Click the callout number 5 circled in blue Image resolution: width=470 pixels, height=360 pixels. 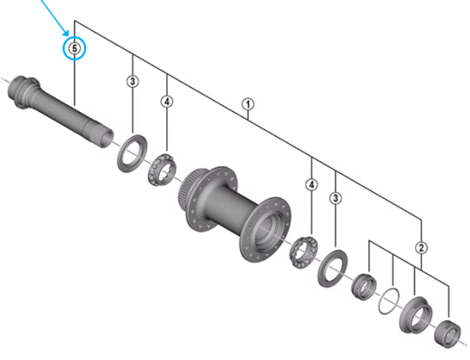click(74, 48)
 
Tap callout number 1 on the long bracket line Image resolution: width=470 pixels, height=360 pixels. click(248, 104)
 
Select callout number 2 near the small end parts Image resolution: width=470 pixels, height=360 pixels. click(421, 247)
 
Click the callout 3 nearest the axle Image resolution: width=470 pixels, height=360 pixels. click(132, 81)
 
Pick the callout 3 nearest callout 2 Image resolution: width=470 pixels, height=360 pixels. click(335, 198)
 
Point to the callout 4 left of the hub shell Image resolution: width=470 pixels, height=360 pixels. click(167, 102)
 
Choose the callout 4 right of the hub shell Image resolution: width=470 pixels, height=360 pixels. click(312, 185)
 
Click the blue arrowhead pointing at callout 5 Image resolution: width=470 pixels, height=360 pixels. click(66, 32)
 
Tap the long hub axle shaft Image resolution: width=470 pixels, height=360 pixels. click(60, 111)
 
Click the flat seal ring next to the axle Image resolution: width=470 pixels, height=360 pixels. click(132, 153)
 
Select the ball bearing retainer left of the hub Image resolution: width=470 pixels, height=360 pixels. click(162, 169)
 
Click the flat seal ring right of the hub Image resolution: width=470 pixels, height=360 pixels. click(333, 268)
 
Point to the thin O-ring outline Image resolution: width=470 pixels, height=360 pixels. click(389, 301)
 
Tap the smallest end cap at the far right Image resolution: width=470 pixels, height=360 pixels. click(447, 334)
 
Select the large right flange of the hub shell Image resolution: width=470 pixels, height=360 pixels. click(266, 229)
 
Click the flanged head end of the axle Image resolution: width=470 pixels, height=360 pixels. click(23, 92)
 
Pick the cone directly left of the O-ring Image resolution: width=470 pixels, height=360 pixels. click(363, 286)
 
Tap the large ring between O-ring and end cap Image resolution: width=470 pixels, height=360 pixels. click(416, 315)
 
